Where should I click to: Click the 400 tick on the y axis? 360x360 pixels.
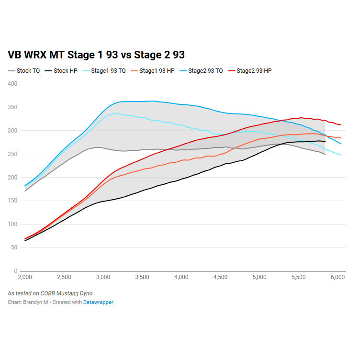[12, 84]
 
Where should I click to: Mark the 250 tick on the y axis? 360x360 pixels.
[12, 154]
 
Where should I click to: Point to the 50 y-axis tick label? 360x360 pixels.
[14, 247]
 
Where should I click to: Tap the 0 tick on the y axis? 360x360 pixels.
[15, 271]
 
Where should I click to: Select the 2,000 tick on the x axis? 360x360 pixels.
[24, 277]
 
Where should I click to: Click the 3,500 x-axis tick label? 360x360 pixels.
[142, 277]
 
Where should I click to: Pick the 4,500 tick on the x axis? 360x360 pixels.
[220, 277]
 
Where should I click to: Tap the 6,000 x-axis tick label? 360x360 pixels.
[337, 277]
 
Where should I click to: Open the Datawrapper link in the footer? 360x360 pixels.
[98, 303]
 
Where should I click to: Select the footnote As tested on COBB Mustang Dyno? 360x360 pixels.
[50, 293]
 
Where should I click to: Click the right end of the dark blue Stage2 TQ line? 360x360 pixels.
[341, 143]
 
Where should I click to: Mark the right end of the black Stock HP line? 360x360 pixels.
[326, 142]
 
